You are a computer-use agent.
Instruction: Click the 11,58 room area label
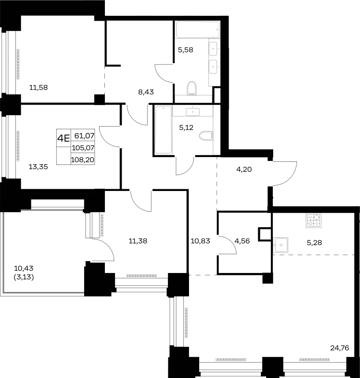point(38,87)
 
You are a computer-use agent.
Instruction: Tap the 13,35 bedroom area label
point(38,167)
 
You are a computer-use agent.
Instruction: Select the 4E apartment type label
point(63,138)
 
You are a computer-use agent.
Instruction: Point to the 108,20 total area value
point(82,160)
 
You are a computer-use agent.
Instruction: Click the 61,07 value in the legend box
point(84,136)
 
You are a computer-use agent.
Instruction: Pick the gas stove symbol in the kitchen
point(314,221)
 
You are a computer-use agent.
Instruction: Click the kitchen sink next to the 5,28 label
point(281,245)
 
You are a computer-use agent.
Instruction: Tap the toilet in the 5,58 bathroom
point(192,88)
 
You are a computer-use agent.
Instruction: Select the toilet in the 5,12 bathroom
point(206,136)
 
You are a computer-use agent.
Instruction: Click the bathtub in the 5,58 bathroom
point(198,30)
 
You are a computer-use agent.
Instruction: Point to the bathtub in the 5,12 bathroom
point(163,130)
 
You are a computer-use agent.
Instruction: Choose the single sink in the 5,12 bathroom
point(193,112)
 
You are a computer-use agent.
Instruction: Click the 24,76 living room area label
point(340,348)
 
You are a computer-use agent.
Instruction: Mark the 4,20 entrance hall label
point(244,169)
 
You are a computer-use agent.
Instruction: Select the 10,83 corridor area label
point(200,241)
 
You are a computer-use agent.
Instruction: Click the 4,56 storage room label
point(242,241)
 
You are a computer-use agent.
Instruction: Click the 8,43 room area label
point(146,92)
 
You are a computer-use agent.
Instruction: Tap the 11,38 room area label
point(138,241)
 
